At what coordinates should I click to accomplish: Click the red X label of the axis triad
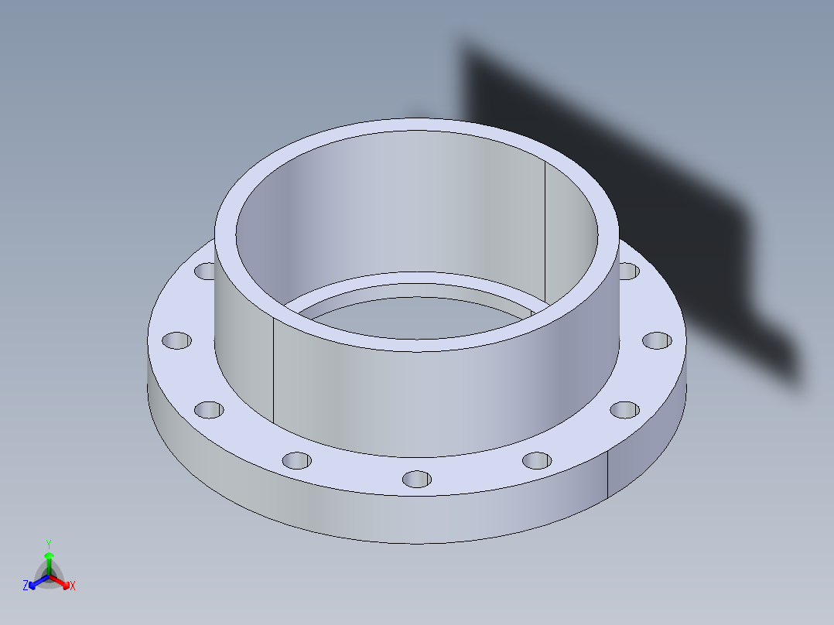tap(73, 586)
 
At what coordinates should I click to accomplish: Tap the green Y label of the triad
tap(48, 544)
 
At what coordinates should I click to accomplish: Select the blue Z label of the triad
tap(26, 586)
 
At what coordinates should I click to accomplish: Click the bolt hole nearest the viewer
tap(417, 479)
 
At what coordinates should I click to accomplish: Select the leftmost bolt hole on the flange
tap(176, 340)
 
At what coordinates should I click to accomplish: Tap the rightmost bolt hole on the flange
tap(657, 340)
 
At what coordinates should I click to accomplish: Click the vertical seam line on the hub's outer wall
tap(275, 371)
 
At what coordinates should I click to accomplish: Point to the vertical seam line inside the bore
tap(545, 232)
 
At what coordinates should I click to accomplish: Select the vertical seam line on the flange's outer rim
tap(607, 474)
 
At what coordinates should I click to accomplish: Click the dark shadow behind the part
tap(619, 155)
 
